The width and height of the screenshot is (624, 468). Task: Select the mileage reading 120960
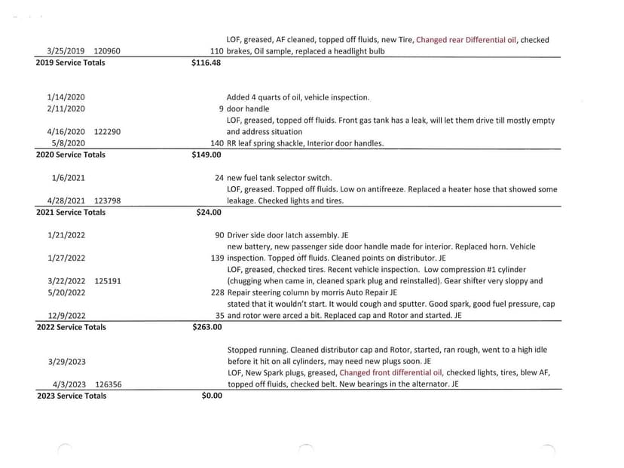[106, 51]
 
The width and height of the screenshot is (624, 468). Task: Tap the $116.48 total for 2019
[206, 63]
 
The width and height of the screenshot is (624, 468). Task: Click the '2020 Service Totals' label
[71, 154]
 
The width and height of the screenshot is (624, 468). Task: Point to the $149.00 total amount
[206, 154]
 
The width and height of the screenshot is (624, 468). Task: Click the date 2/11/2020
[66, 109]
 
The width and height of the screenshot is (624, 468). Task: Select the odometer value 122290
[107, 132]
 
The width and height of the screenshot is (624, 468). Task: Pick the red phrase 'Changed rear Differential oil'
[466, 40]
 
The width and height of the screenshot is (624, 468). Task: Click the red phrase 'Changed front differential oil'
[391, 372]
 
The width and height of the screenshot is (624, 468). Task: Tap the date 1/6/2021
[69, 178]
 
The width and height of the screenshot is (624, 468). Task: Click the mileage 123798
[108, 201]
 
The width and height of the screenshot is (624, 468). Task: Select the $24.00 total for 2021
[209, 213]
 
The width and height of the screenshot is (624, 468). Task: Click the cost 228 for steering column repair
[217, 292]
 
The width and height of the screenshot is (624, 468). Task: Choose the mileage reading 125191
[108, 281]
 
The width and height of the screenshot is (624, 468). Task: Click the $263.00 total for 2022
[206, 327]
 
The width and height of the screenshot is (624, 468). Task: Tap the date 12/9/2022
[66, 316]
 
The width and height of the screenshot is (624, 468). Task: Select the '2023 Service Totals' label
[72, 396]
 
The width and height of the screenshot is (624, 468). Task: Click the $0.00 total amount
[212, 396]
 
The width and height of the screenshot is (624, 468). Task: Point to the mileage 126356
[108, 384]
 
